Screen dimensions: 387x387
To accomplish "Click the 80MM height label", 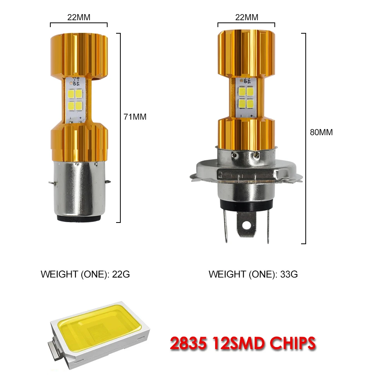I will coord(321,132).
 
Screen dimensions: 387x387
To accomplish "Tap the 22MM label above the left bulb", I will coord(79,17).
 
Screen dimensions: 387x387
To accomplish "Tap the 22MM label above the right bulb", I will coord(247,17).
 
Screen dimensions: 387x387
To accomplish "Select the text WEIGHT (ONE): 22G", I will coord(85,274).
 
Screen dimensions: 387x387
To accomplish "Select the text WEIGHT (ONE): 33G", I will coord(253,274).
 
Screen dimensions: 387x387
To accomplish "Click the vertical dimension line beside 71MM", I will coord(120,128).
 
